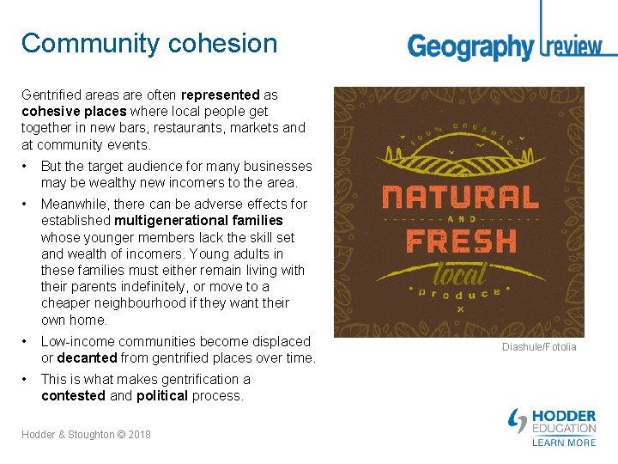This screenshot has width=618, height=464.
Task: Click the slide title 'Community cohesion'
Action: (x=149, y=44)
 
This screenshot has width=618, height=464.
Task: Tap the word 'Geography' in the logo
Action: (x=470, y=46)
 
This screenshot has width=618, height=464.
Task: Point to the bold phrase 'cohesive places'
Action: (x=72, y=112)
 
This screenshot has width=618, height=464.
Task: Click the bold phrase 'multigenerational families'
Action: (x=198, y=221)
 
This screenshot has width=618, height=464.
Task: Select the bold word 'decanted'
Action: (x=87, y=357)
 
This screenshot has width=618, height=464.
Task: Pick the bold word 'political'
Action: (x=161, y=396)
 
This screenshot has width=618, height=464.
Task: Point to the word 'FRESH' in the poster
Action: (x=461, y=241)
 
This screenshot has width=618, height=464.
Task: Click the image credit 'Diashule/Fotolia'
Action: (x=539, y=347)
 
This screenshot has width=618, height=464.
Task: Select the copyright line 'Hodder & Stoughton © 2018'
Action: (x=86, y=435)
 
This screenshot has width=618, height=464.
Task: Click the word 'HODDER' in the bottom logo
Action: (x=564, y=417)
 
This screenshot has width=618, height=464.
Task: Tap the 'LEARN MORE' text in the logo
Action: (x=564, y=443)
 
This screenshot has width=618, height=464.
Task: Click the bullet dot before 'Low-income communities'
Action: (x=27, y=342)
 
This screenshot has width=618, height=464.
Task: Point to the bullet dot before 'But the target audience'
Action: (x=27, y=167)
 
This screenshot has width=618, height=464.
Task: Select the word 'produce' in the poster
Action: (x=459, y=294)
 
